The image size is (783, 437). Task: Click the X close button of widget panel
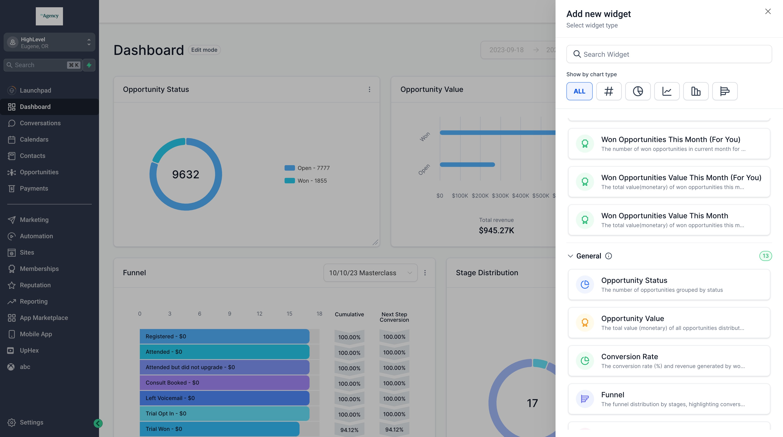(x=768, y=12)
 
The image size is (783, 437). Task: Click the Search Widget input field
(x=669, y=54)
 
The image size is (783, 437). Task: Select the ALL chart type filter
(x=579, y=91)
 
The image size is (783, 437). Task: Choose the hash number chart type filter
(x=609, y=91)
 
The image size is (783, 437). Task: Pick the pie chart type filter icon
(x=637, y=91)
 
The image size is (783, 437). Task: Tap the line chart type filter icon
(x=667, y=91)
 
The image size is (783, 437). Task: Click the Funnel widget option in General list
(x=669, y=399)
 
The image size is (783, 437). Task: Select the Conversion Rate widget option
(x=669, y=361)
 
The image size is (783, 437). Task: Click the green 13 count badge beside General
(x=765, y=256)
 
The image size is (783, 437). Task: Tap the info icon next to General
(x=608, y=256)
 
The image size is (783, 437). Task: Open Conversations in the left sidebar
(x=40, y=123)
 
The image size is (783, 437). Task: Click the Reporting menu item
(x=34, y=301)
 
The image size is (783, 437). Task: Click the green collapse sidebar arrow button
(x=98, y=423)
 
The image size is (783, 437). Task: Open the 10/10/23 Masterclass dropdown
(x=370, y=273)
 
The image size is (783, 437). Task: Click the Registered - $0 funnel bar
(x=224, y=336)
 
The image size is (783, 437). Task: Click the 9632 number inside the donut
(x=185, y=174)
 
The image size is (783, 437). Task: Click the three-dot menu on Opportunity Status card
(x=369, y=89)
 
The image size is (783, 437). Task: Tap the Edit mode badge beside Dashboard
(x=204, y=50)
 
